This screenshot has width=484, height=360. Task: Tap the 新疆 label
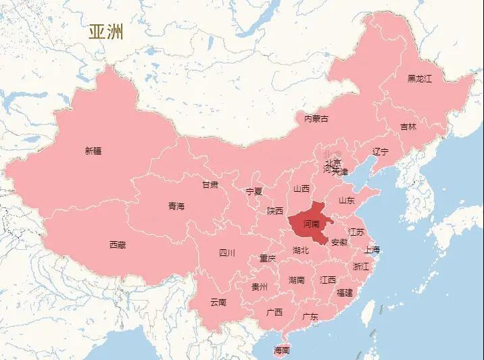tap(93, 151)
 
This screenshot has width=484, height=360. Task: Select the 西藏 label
tap(118, 245)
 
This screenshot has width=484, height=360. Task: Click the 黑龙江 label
tap(419, 78)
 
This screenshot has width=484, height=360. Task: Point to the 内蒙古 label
tap(316, 119)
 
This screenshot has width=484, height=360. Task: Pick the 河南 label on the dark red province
tap(312, 224)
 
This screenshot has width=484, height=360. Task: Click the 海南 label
tap(282, 350)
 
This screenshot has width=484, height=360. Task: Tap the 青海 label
tap(176, 206)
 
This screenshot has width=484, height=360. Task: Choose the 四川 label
tap(227, 253)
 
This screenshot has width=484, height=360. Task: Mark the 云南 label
tap(218, 302)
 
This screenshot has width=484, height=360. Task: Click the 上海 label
tap(372, 249)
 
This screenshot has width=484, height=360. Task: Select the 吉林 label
tap(408, 126)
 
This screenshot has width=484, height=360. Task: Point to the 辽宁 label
tap(381, 151)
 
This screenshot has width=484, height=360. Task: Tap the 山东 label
tap(347, 200)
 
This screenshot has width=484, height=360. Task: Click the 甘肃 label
tap(210, 184)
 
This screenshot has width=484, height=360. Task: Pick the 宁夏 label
tap(254, 191)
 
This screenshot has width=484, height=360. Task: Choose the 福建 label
tap(344, 292)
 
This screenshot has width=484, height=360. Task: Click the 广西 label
tap(274, 312)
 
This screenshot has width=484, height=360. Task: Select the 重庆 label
tap(268, 258)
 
